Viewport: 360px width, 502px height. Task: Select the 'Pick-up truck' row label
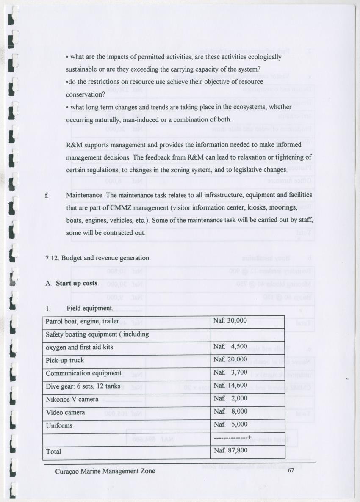coord(65,360)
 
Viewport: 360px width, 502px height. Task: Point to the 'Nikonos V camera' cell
coord(72,399)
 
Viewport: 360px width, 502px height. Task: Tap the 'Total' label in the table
coord(53,452)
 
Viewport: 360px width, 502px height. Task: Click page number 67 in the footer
coord(291,471)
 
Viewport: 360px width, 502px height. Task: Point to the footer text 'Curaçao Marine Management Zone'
coord(105,471)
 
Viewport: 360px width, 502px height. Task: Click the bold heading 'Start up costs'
coord(77,283)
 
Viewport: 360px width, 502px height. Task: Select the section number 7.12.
coord(53,258)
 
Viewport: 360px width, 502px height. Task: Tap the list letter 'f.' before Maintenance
coord(47,196)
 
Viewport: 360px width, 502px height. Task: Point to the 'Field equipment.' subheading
coord(90,308)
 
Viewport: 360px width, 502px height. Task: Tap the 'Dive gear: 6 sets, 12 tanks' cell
coord(83,386)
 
